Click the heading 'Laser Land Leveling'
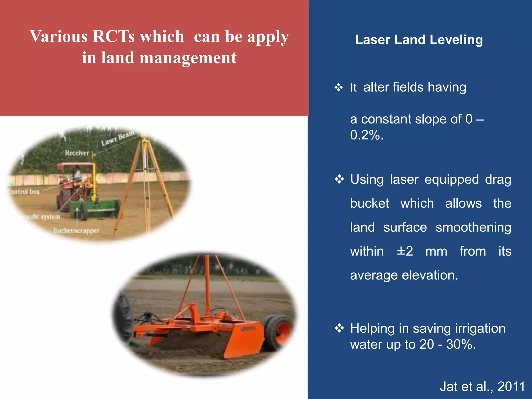click(x=419, y=40)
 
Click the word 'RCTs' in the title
click(x=114, y=36)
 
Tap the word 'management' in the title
click(x=188, y=58)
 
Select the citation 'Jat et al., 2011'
click(x=482, y=386)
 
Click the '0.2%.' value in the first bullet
click(x=367, y=135)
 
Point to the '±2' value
click(x=405, y=251)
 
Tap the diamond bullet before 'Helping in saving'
click(x=339, y=328)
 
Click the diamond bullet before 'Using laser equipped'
click(x=339, y=179)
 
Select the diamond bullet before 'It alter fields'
click(x=338, y=87)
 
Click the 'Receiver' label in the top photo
click(x=77, y=153)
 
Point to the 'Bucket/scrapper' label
click(x=76, y=231)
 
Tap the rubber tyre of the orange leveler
click(x=277, y=332)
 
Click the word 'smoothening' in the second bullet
click(x=473, y=227)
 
